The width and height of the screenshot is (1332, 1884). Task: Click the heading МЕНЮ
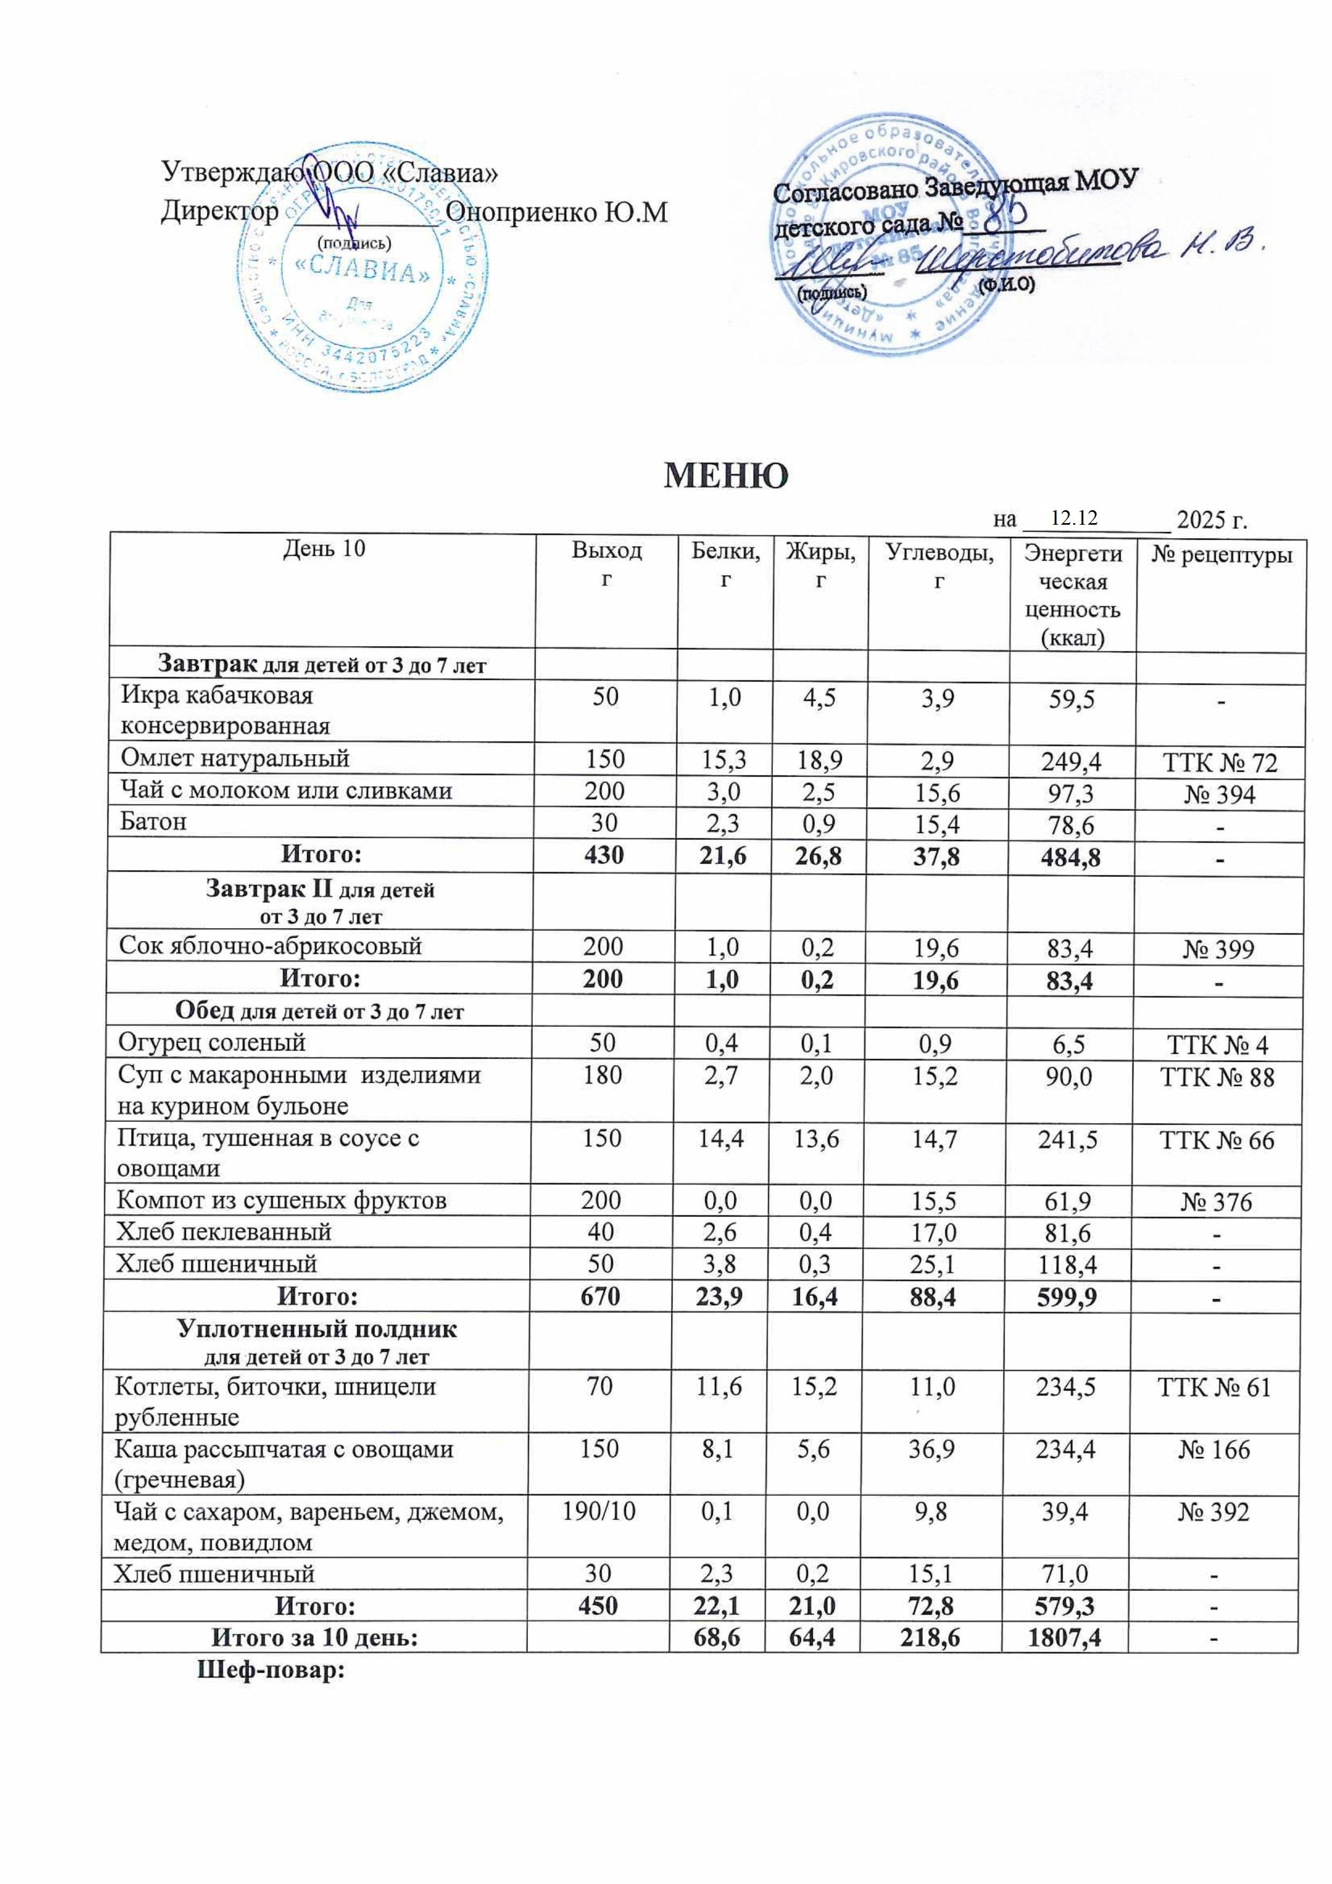(x=726, y=476)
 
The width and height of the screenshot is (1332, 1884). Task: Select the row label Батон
(x=154, y=821)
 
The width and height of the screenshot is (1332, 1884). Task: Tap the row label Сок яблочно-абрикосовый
(x=270, y=946)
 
